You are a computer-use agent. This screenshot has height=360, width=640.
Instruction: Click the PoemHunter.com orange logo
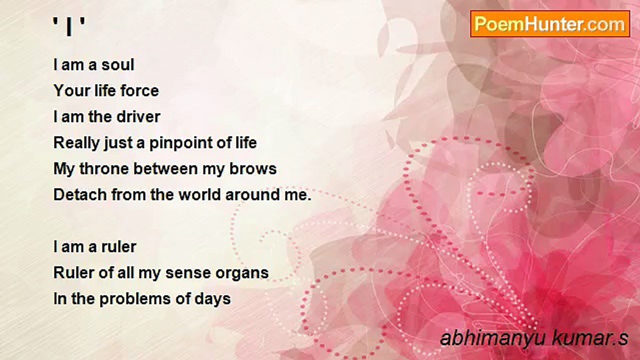tap(550, 24)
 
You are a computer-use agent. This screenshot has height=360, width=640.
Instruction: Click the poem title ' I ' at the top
tap(69, 26)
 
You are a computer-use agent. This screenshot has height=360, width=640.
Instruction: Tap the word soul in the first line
tap(118, 65)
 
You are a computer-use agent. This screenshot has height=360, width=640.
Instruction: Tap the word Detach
tap(80, 195)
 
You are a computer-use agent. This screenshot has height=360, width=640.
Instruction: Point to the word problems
tap(135, 299)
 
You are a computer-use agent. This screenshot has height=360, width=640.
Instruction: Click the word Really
tap(76, 143)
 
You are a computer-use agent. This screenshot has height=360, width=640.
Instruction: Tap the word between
tap(165, 169)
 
